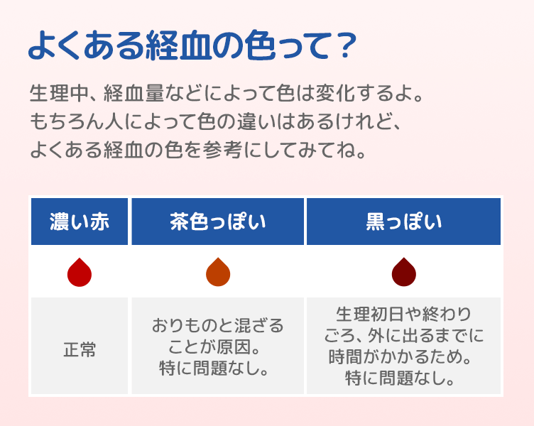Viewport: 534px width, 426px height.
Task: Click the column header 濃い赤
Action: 79,221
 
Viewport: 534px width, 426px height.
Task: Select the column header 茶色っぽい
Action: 218,221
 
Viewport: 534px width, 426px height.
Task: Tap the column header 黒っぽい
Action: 403,221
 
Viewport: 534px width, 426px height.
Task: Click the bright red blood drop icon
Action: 79,273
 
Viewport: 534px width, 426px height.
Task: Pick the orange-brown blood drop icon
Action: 218,273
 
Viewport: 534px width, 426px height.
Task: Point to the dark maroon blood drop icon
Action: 403,273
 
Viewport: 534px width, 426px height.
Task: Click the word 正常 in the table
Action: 79,349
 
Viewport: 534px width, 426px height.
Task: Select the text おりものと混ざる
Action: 218,327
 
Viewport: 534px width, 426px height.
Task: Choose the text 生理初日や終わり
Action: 403,314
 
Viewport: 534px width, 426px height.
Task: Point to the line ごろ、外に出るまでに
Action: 403,335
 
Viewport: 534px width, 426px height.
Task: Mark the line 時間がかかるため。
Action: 403,356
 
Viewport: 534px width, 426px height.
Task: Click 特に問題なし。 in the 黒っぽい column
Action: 403,378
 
